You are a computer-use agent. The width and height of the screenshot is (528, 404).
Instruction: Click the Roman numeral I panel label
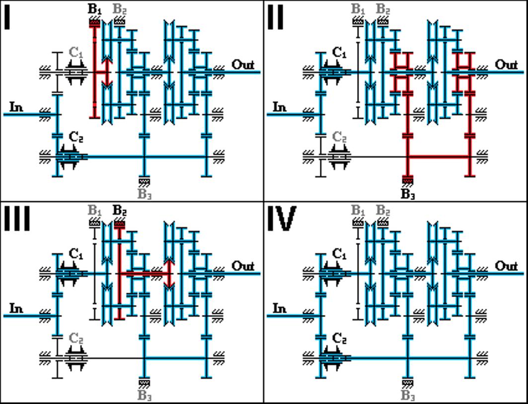pos(7,17)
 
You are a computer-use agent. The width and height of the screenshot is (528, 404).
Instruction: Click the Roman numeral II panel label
pos(275,17)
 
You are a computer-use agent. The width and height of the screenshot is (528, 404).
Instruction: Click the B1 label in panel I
pos(94,9)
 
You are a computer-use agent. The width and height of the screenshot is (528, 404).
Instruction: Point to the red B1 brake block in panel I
pos(94,23)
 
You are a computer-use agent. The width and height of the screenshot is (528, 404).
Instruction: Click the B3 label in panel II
pos(408,194)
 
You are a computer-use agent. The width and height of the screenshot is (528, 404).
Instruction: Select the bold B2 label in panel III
pos(120,210)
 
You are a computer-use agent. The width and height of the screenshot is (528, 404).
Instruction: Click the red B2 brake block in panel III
pos(120,225)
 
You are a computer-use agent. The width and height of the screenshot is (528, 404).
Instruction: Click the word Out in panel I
pos(243,65)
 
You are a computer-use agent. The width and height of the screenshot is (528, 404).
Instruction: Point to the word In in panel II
pos(280,107)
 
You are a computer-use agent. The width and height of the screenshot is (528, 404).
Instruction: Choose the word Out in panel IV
pos(506,266)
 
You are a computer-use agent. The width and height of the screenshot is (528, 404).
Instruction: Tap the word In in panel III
pos(16,308)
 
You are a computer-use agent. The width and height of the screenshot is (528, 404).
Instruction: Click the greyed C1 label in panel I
pos(76,52)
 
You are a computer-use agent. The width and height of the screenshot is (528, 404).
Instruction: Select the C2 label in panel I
pos(76,137)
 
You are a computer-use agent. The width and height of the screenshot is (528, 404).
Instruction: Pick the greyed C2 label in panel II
pos(339,137)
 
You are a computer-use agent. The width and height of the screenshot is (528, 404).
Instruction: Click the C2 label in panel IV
pos(339,338)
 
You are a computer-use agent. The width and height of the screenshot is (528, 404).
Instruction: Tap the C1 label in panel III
pos(76,254)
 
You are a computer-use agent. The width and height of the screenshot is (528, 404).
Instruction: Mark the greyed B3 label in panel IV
pos(408,395)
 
